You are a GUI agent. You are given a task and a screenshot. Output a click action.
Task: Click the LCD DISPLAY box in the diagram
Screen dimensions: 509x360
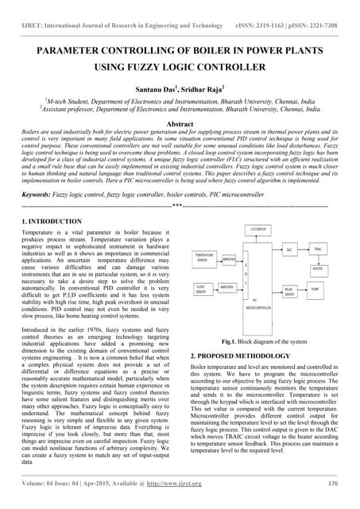tap(258, 230)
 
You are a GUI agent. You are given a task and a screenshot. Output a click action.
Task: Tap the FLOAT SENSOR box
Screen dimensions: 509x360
tap(204, 289)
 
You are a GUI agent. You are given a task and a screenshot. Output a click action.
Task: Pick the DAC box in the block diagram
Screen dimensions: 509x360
tap(289, 250)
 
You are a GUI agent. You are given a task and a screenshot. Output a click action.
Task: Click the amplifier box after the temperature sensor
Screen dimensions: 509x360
tap(228, 259)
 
